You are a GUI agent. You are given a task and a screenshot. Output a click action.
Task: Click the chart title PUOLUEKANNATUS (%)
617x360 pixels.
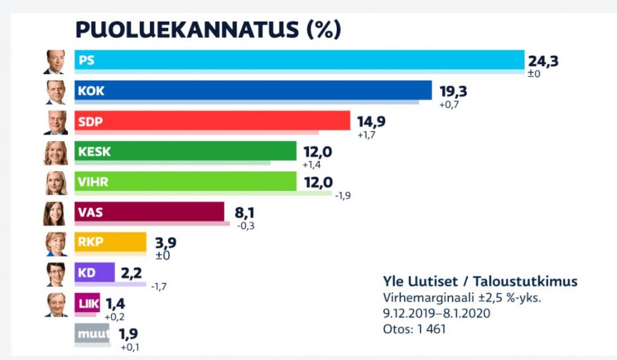coord(208,29)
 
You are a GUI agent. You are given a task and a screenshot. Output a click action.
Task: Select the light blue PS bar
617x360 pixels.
coord(299,60)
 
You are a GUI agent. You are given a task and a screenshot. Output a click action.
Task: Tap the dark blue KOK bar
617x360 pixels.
coord(253,90)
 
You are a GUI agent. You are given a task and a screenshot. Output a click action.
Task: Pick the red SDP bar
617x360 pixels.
coord(212,121)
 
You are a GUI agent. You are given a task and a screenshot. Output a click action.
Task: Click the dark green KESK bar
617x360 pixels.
coord(186,151)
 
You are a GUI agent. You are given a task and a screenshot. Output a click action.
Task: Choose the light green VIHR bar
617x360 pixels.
coord(186,182)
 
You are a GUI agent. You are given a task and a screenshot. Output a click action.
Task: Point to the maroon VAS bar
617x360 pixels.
coord(149,212)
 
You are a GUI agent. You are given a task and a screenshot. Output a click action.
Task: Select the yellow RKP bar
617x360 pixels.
coord(110,242)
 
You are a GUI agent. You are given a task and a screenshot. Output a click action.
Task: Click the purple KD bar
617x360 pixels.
coord(95,272)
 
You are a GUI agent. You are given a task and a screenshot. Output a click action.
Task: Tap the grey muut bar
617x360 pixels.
coord(92,333)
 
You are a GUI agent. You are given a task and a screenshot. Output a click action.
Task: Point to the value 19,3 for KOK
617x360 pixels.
coord(453,92)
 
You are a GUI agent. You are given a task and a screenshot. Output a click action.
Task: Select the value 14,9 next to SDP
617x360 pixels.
coord(371,122)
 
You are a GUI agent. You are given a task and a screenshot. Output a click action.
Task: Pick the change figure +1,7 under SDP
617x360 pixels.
coord(366,135)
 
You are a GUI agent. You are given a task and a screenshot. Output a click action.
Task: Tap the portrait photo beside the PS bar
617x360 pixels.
coord(55,62)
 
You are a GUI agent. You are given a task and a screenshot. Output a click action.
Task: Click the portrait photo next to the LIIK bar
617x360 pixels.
coord(56,305)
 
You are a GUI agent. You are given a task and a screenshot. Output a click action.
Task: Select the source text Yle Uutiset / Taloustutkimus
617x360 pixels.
coord(480,281)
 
